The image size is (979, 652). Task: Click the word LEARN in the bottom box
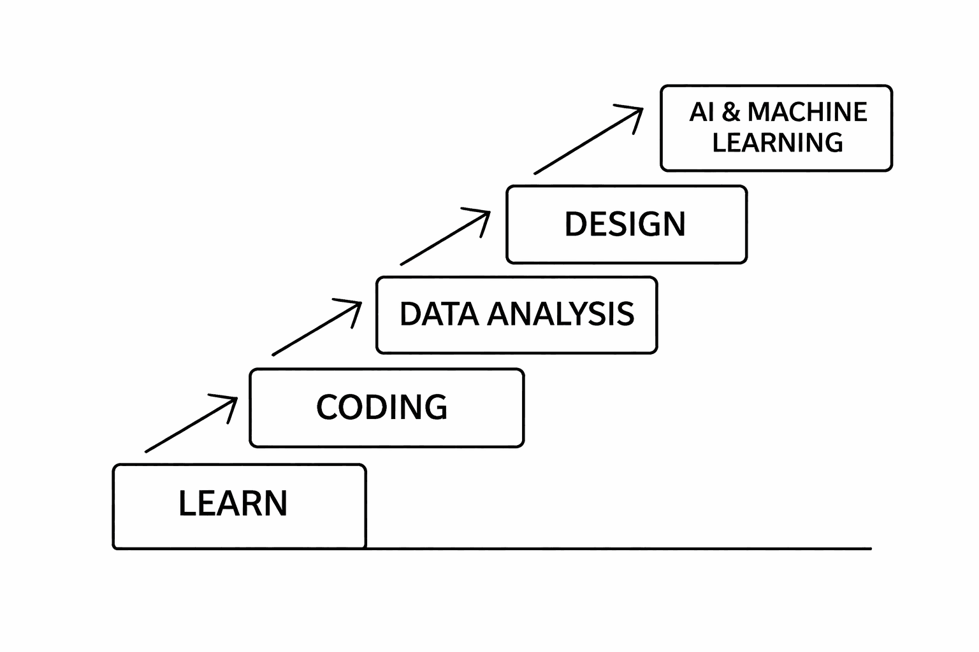point(233,503)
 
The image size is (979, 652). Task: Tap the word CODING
point(382,407)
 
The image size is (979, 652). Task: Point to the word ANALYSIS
point(561,314)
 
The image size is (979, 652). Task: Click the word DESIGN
point(625,224)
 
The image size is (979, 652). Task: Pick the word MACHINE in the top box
point(807,112)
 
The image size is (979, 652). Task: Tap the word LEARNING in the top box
point(778,142)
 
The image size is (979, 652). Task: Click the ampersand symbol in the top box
point(731,112)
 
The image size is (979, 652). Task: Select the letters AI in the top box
point(701,112)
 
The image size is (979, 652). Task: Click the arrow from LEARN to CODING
point(191,425)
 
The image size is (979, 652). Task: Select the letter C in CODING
point(327,407)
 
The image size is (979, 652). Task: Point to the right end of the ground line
point(870,548)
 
